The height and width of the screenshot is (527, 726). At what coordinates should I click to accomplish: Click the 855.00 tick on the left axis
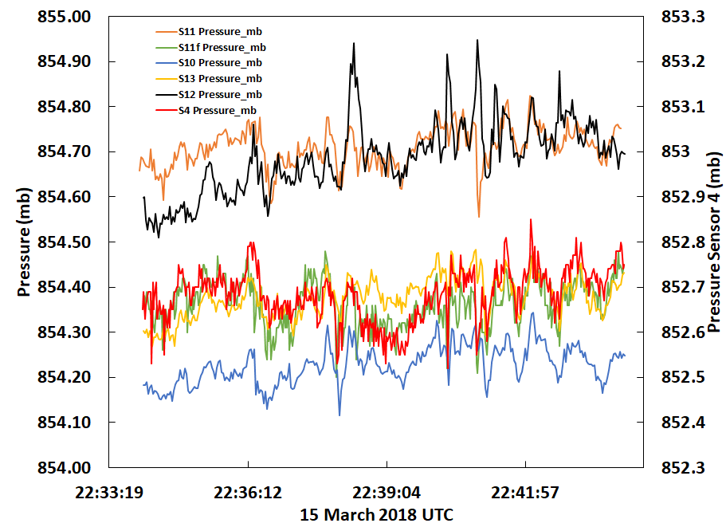[x=65, y=17]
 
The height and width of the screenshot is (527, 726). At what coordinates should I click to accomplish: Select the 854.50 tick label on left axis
[x=65, y=242]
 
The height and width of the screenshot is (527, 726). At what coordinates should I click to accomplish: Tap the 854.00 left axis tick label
[x=65, y=467]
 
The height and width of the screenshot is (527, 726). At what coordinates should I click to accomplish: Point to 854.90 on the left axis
[x=65, y=62]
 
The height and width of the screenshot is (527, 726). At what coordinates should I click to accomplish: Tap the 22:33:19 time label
[x=108, y=492]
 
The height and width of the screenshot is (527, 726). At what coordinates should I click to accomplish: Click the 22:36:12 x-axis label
[x=247, y=492]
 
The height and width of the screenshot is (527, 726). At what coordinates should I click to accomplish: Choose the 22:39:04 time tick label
[x=386, y=492]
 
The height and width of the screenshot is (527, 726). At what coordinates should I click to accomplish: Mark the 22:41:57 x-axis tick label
[x=524, y=492]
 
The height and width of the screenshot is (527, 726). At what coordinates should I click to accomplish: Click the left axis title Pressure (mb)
[x=24, y=242]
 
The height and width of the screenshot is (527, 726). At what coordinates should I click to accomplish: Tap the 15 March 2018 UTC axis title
[x=376, y=514]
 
